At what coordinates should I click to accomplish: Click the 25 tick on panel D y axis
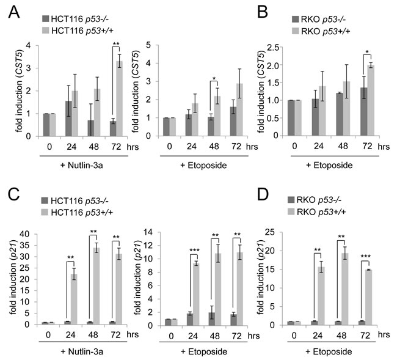point(289,232)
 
